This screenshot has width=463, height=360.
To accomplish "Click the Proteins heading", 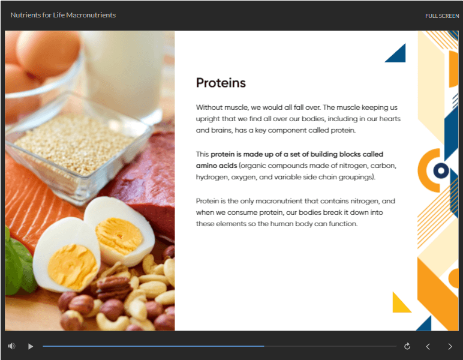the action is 221,83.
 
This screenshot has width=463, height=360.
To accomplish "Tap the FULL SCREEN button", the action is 442,16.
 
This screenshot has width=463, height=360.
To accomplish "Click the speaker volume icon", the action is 11,346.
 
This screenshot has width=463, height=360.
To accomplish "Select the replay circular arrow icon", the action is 407,346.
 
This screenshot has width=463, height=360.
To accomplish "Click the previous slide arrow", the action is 428,346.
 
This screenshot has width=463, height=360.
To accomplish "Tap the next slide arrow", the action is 450,346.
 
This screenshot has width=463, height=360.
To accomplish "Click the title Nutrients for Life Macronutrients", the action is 63,15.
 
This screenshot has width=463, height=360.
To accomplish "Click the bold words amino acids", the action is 217,166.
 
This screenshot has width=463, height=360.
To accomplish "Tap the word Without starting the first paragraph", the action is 208,107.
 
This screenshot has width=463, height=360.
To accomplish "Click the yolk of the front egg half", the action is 73,266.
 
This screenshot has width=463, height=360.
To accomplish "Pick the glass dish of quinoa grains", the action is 78,146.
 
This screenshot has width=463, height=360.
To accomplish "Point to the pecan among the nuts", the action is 114,287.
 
